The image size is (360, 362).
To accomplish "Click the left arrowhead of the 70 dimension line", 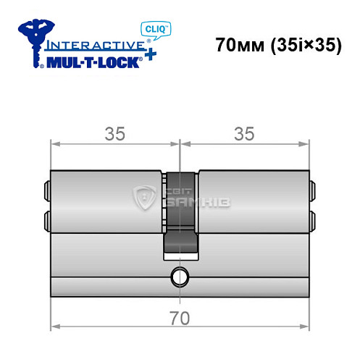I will pos(54,326).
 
